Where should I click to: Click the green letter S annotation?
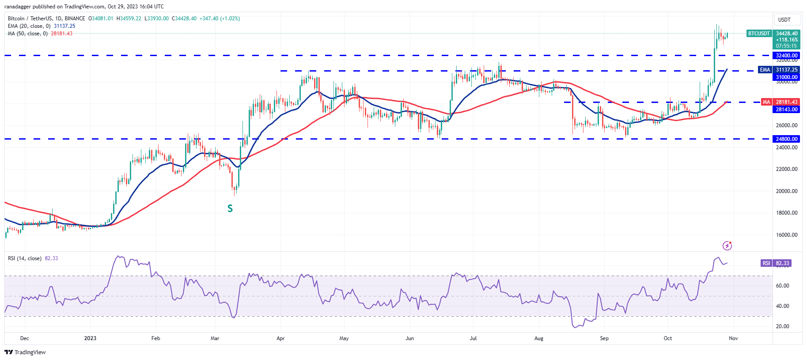230,208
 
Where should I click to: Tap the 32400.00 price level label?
787,56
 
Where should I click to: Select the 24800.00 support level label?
787,139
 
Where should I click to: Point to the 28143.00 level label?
787,109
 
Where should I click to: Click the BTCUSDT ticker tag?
759,34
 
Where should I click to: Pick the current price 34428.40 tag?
787,34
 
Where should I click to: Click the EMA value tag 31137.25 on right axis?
787,70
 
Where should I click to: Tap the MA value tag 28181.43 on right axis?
787,102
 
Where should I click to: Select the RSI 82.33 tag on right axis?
782,263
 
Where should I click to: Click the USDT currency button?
784,20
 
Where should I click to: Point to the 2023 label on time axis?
90,338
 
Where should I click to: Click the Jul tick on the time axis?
473,338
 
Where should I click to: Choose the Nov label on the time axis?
733,338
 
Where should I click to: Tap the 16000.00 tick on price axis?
787,235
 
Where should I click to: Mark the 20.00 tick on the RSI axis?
782,326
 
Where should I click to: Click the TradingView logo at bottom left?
25,352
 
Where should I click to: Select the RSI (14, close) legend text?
25,258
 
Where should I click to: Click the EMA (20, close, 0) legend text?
29,26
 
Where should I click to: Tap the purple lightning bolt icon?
727,246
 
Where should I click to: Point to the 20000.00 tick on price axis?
787,191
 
